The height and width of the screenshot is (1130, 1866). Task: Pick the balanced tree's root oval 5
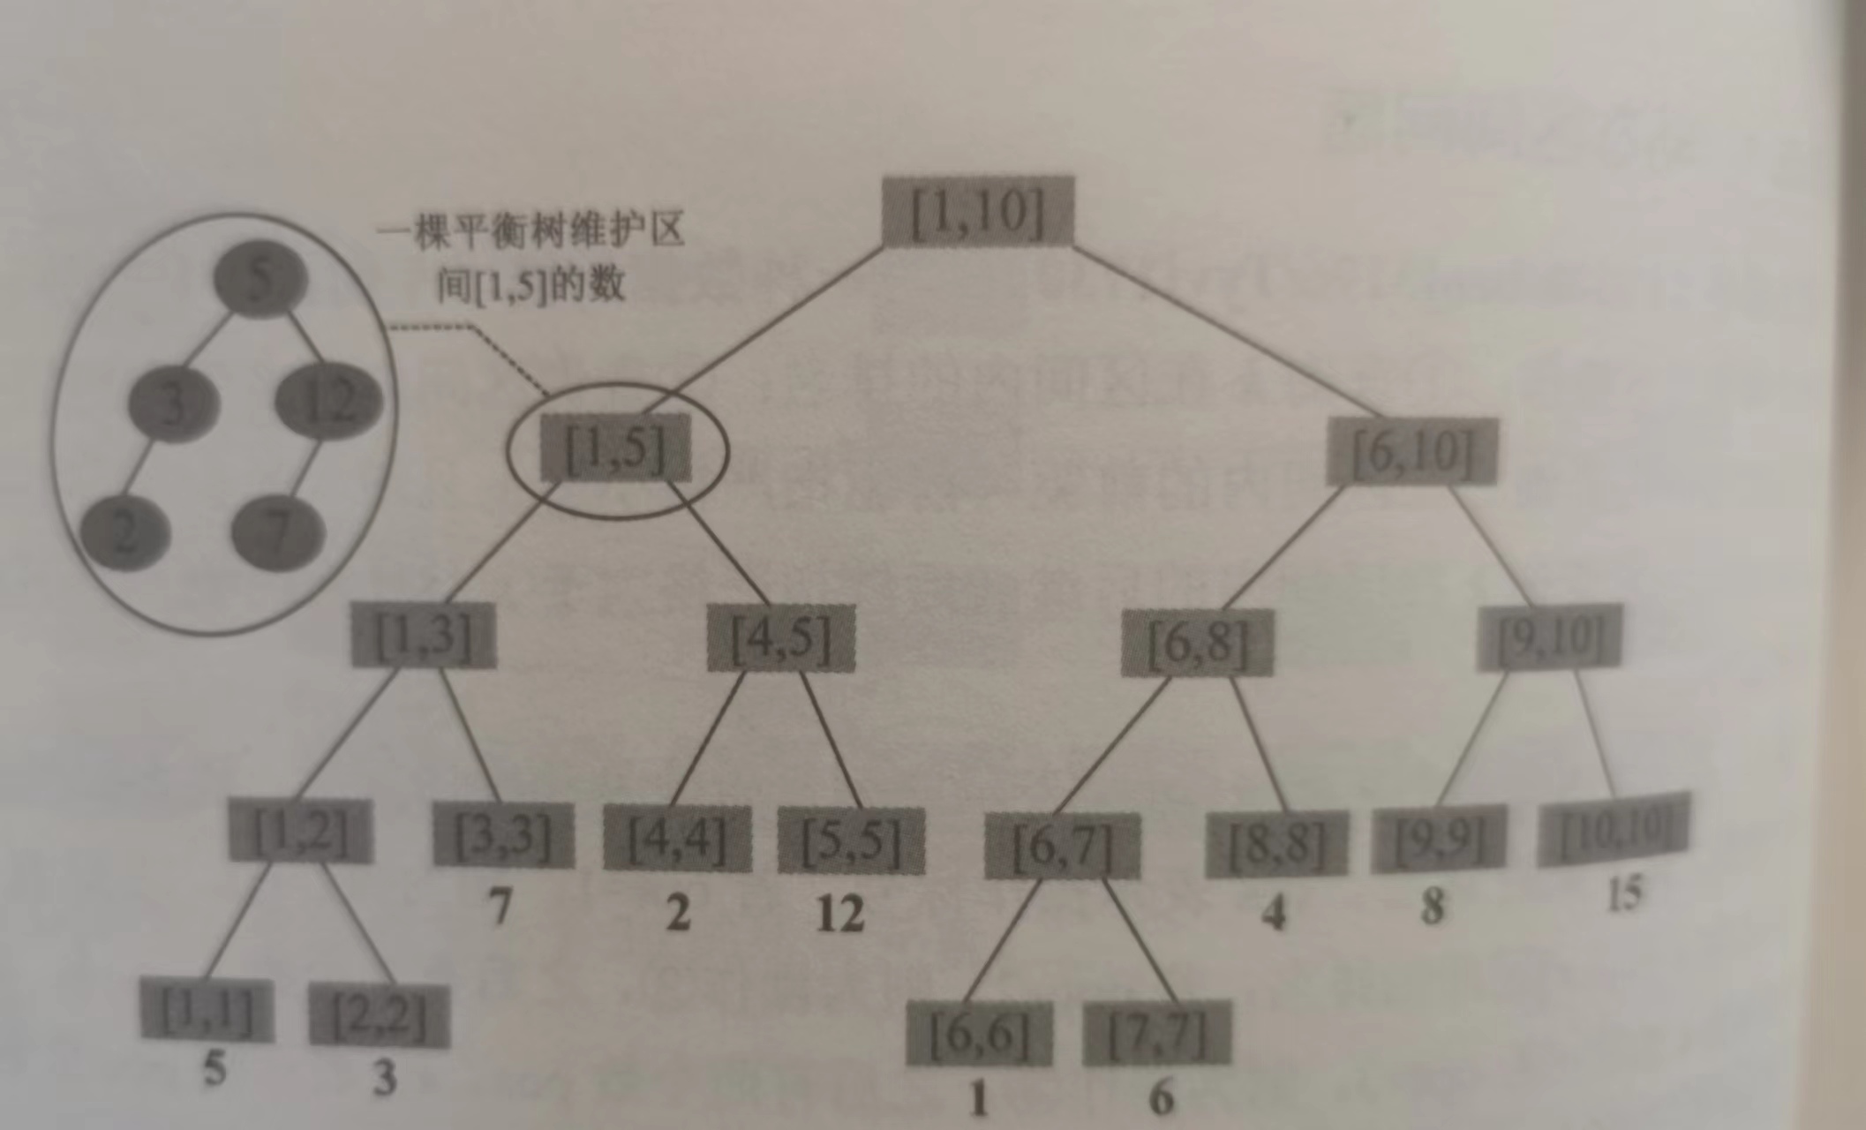(x=261, y=279)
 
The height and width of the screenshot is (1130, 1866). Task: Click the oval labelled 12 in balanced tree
(x=328, y=403)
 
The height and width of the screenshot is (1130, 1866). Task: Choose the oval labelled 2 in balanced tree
(x=125, y=532)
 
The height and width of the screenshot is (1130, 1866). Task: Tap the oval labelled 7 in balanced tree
(x=278, y=532)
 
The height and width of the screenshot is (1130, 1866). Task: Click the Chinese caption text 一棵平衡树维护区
(x=530, y=233)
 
